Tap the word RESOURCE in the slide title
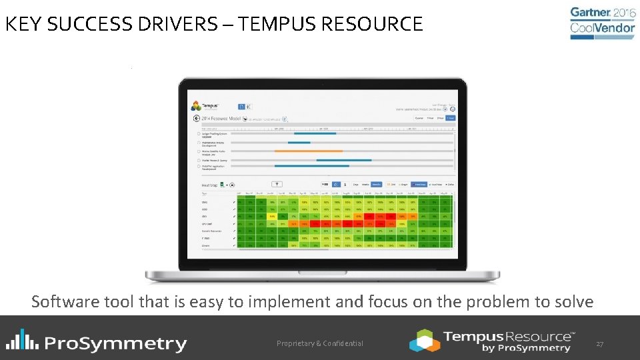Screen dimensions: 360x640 pyautogui.click(x=372, y=25)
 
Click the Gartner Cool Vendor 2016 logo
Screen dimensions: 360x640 pyautogui.click(x=603, y=23)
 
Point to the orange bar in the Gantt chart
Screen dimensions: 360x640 pyautogui.click(x=308, y=151)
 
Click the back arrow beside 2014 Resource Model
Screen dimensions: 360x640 pyautogui.click(x=196, y=118)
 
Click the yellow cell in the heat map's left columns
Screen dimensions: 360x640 pyautogui.click(x=272, y=216)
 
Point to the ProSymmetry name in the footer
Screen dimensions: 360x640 pyautogui.click(x=116, y=343)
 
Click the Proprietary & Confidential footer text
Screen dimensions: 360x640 pyautogui.click(x=320, y=343)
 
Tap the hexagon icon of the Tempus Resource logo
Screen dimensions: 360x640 pyautogui.click(x=425, y=340)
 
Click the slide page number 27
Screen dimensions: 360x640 pyautogui.click(x=599, y=344)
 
